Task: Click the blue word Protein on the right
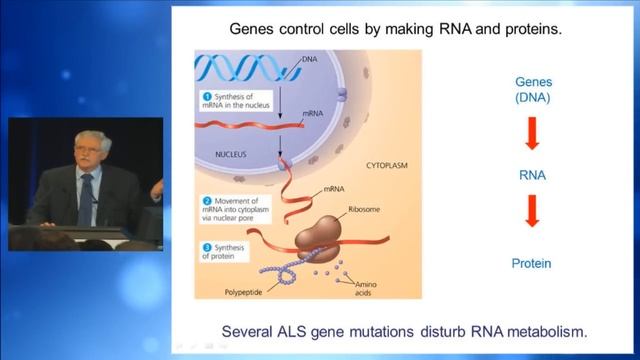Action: click(533, 264)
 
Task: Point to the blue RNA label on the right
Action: click(533, 175)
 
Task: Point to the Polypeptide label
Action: click(246, 294)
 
